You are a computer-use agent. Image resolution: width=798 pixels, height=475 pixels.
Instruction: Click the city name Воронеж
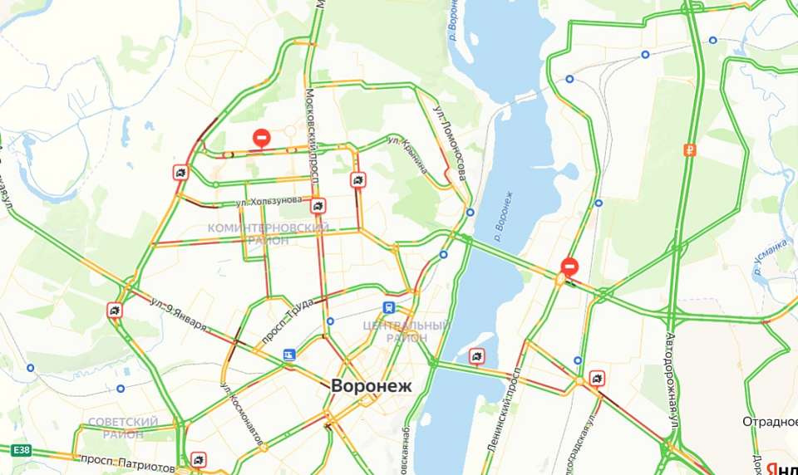(371, 386)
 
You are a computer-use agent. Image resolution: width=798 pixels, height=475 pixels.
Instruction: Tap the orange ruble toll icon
(689, 150)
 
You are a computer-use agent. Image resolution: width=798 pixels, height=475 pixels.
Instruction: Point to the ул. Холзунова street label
(268, 201)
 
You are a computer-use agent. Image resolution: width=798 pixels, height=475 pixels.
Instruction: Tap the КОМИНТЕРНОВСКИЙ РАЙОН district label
(268, 234)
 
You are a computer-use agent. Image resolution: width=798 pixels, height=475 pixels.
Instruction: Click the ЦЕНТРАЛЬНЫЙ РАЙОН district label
(406, 331)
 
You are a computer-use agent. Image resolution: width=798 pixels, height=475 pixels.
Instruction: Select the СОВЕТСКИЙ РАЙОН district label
(123, 428)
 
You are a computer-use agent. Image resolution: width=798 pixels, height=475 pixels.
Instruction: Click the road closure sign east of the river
(569, 266)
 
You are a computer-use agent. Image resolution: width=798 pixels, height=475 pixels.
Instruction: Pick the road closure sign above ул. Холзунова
(262, 137)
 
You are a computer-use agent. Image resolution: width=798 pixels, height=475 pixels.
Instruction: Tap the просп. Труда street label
(288, 311)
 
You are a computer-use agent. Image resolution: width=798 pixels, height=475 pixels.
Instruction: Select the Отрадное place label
(770, 422)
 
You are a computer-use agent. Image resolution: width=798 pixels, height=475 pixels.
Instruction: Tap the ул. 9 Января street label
(179, 313)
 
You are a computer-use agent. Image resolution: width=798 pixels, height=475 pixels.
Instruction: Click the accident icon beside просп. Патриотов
(199, 459)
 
